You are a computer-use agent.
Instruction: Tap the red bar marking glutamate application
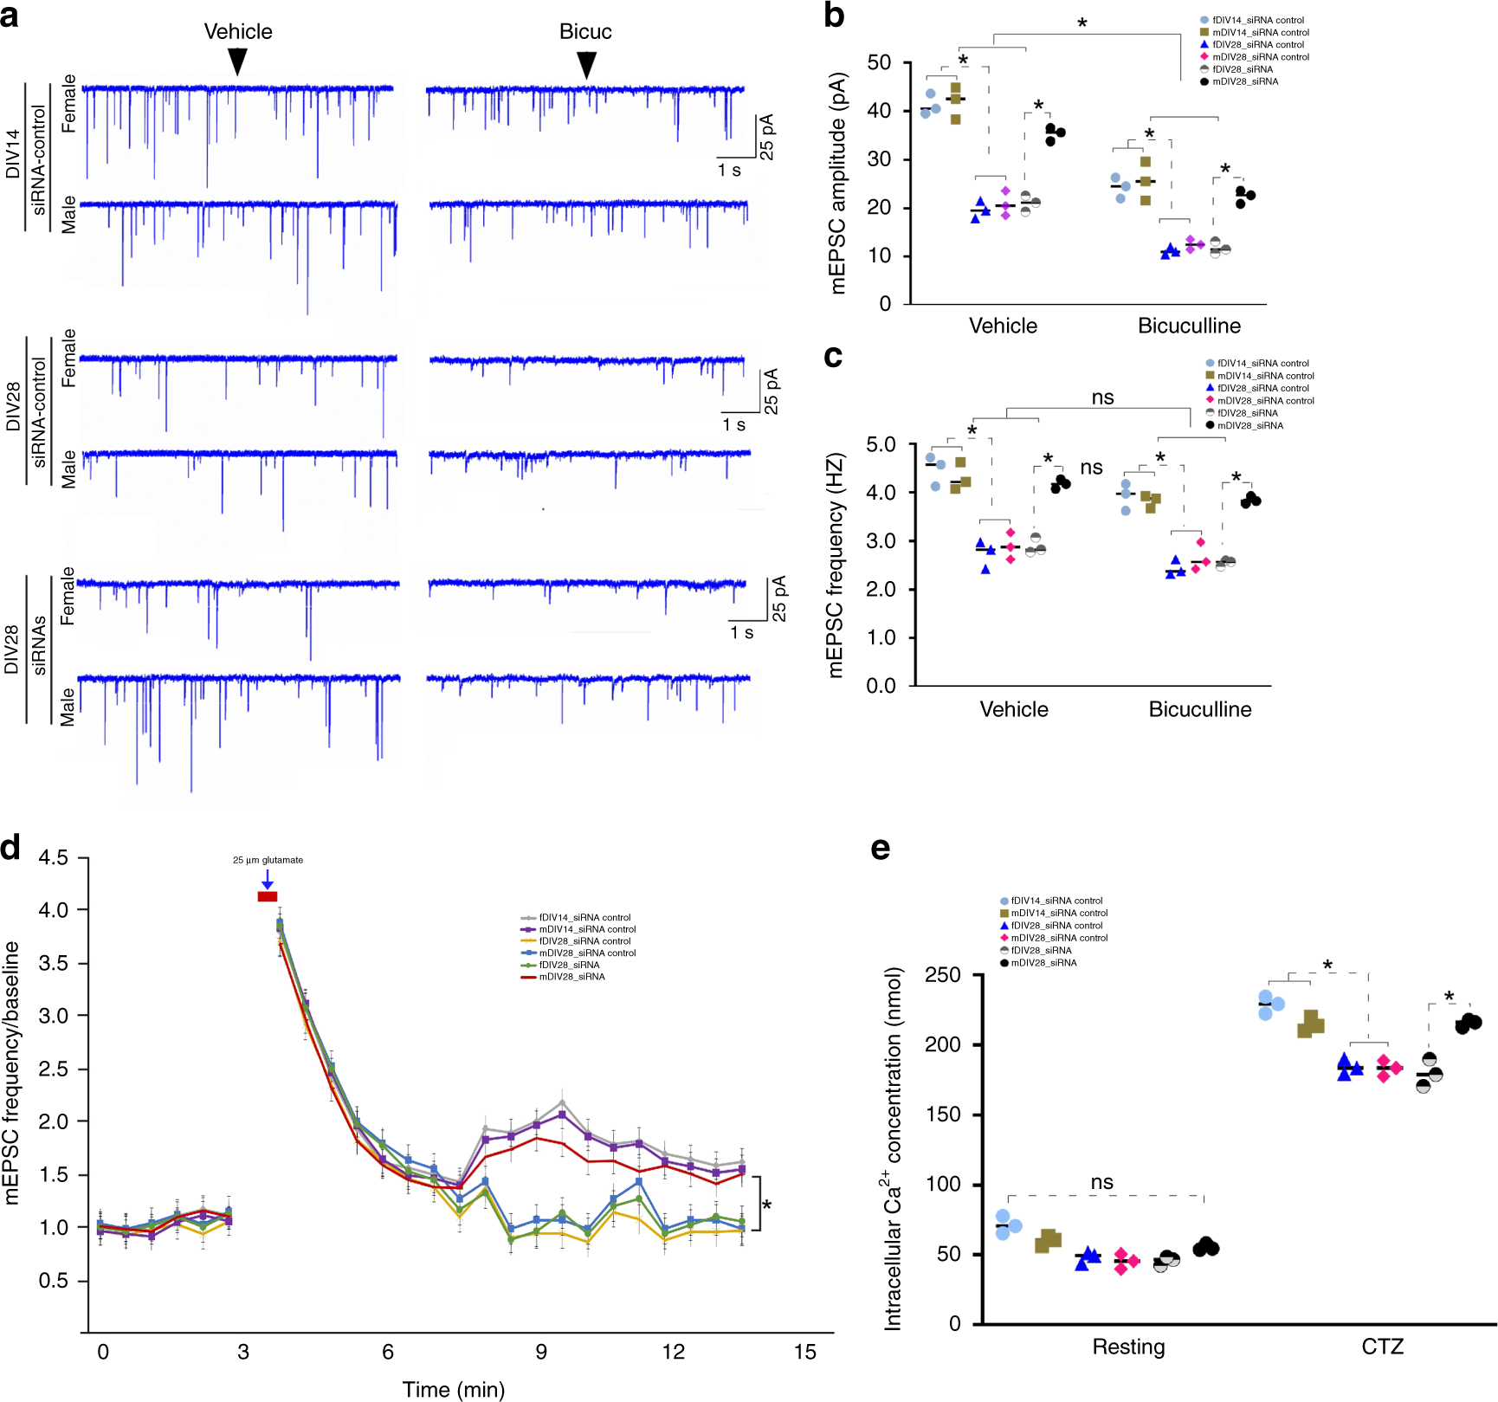(268, 896)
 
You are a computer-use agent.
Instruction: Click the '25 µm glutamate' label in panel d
(268, 860)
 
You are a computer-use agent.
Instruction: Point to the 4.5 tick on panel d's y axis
(53, 858)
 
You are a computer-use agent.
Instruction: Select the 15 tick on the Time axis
(804, 1352)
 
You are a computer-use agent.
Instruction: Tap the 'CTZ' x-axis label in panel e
(1382, 1347)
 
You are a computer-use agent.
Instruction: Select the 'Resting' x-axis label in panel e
(1127, 1347)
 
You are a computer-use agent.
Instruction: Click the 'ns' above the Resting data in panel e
(1101, 1182)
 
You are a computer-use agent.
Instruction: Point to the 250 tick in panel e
(942, 975)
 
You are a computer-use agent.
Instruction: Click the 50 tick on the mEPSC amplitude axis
(879, 62)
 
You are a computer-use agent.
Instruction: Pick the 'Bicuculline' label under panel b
(1189, 326)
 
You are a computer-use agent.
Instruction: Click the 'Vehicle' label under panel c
(1013, 709)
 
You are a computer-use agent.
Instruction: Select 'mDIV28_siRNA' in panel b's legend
(1244, 81)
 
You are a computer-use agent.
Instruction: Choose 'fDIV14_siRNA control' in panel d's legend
(584, 917)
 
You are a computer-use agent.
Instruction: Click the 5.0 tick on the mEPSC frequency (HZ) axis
(881, 444)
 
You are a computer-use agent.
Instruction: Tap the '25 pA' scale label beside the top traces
(767, 137)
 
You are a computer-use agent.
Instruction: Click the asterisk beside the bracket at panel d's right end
(767, 1205)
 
